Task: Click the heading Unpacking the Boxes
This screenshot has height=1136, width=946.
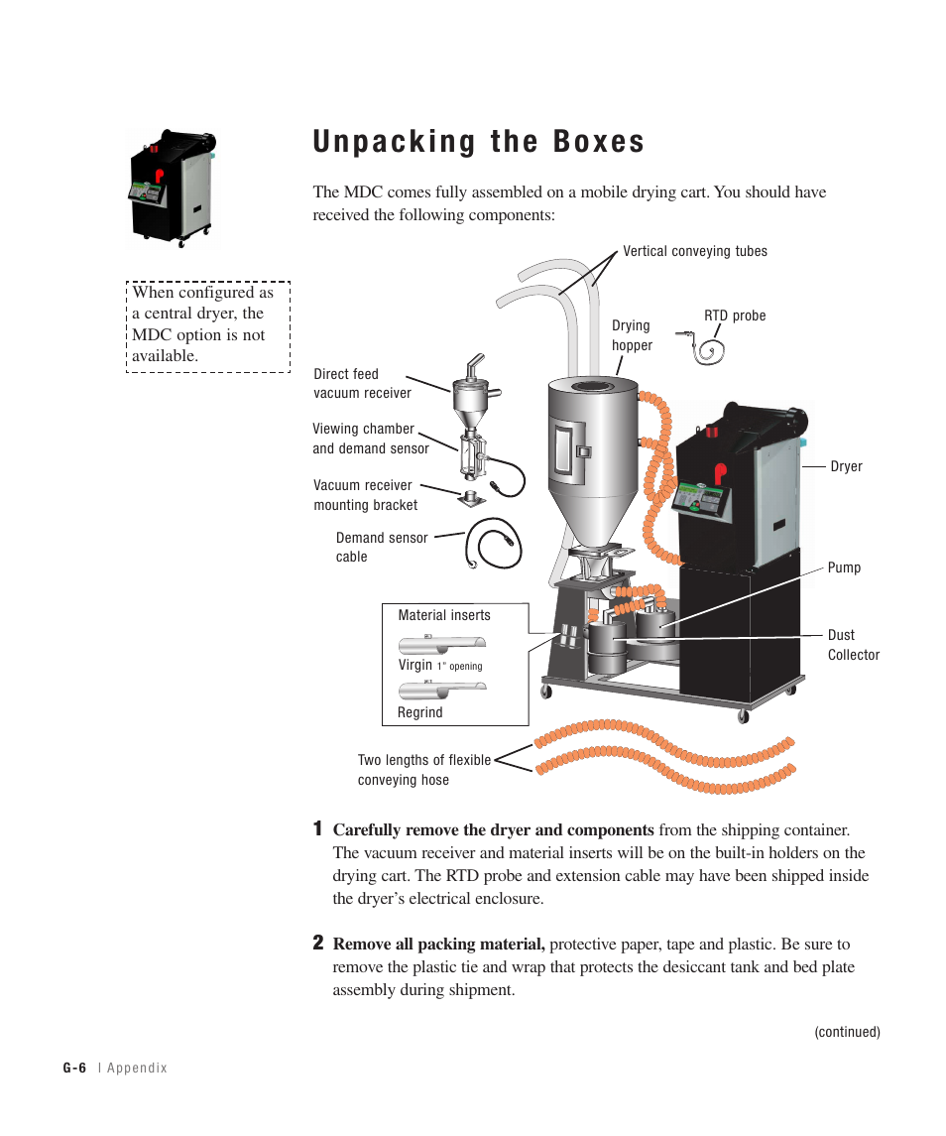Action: pos(478,142)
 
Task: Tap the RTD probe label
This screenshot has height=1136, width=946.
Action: pos(735,316)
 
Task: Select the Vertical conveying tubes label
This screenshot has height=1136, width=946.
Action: pos(694,251)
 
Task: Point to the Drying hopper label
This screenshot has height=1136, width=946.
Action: pos(632,335)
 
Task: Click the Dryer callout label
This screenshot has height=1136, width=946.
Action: pos(846,466)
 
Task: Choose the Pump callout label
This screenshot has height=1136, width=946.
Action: pos(844,568)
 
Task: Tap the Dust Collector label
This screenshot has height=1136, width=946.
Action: pos(853,645)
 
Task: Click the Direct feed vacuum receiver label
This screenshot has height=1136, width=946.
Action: pos(362,384)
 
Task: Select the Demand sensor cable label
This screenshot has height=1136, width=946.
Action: pos(382,547)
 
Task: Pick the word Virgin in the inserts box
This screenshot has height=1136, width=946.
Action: pos(415,665)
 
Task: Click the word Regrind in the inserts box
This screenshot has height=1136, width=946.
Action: pos(420,712)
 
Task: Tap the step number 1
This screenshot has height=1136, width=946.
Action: pos(317,828)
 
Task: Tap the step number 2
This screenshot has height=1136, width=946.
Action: pos(317,942)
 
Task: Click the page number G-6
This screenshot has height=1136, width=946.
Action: pos(75,1069)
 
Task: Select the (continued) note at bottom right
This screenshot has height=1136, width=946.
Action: pos(847,1032)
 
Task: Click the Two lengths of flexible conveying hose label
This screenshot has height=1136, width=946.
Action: pos(423,770)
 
